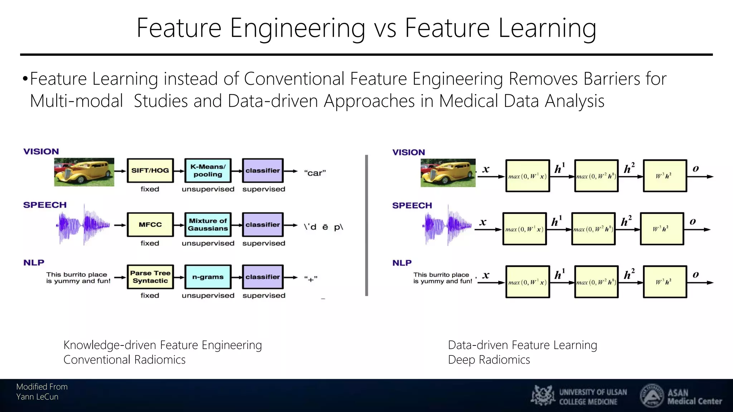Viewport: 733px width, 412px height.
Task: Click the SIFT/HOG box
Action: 150,171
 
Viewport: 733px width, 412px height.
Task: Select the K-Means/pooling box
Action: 208,171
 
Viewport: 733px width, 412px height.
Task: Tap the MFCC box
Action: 150,225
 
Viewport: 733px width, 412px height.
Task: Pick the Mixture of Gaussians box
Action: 208,225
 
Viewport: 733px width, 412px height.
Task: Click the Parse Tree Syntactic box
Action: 150,277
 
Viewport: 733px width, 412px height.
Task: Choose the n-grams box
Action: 208,277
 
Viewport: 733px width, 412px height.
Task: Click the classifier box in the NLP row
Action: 263,277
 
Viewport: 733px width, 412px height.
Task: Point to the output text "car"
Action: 315,173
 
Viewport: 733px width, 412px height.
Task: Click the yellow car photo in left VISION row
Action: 84,172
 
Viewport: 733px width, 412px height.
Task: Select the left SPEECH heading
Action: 45,205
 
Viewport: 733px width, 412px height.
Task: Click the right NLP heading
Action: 402,263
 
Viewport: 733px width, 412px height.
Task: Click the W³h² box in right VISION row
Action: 665,176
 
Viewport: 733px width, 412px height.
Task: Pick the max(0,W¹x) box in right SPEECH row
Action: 524,229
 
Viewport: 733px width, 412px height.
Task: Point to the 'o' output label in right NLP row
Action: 695,275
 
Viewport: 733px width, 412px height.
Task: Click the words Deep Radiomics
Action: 489,360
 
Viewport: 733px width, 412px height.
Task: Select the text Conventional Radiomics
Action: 124,360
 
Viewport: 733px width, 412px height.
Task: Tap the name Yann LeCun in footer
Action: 37,397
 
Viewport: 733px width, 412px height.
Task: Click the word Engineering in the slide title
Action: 297,29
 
